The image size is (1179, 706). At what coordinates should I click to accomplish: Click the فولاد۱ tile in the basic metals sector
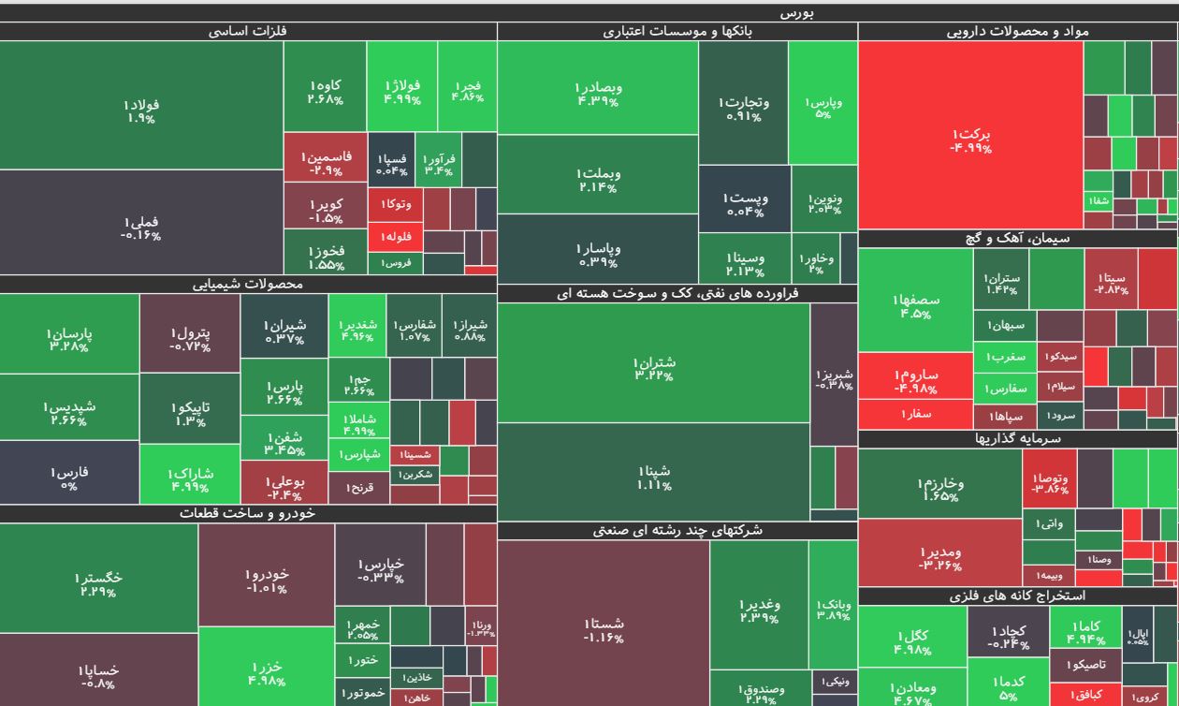point(141,110)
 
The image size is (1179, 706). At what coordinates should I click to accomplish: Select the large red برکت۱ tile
point(969,140)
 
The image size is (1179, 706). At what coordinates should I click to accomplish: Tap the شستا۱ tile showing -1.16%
point(604,629)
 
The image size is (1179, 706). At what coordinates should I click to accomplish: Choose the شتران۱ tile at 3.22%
point(653,368)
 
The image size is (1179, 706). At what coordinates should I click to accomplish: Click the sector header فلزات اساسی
point(247,31)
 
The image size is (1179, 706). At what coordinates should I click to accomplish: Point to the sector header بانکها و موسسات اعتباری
point(677,31)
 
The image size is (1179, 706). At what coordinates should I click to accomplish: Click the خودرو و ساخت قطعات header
point(247,513)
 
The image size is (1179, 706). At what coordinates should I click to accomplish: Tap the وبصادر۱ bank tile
point(597,94)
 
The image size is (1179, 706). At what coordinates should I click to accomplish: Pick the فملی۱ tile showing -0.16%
point(141,228)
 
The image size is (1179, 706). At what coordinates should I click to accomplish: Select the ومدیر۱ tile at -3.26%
point(939,558)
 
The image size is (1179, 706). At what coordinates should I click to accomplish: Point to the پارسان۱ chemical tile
point(69,339)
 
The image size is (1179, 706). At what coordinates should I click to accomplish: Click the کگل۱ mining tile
point(911,642)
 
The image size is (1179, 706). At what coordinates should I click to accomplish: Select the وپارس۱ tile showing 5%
point(822,107)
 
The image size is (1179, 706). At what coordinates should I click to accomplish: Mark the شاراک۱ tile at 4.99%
point(189,478)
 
